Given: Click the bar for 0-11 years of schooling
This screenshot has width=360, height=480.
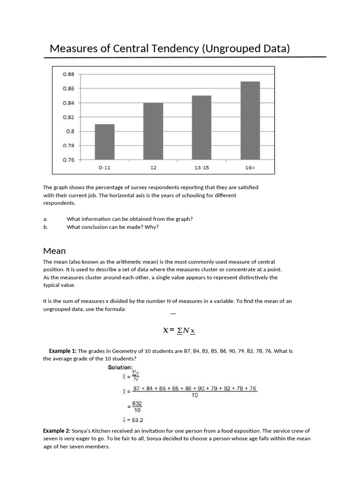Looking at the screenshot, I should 105,142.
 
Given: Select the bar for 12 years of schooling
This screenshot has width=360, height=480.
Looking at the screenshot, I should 153,131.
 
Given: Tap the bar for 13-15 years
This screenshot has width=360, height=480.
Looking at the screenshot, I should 202,127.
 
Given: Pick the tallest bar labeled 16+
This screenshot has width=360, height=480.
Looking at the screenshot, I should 250,120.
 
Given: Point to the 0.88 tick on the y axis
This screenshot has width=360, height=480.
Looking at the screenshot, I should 68,74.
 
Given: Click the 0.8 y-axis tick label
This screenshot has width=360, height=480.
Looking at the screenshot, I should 70,131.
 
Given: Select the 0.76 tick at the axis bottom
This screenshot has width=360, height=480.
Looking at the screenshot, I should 68,160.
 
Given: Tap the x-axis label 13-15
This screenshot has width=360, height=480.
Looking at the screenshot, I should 202,167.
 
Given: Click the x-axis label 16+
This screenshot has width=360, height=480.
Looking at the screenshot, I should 250,167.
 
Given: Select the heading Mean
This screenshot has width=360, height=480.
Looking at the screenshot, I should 54,251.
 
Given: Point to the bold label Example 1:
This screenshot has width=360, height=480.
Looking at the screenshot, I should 63,351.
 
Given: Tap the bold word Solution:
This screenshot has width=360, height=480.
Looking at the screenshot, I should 120,367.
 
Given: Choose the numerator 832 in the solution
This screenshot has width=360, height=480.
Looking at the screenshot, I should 137,403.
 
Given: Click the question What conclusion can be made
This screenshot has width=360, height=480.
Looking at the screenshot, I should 112,227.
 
